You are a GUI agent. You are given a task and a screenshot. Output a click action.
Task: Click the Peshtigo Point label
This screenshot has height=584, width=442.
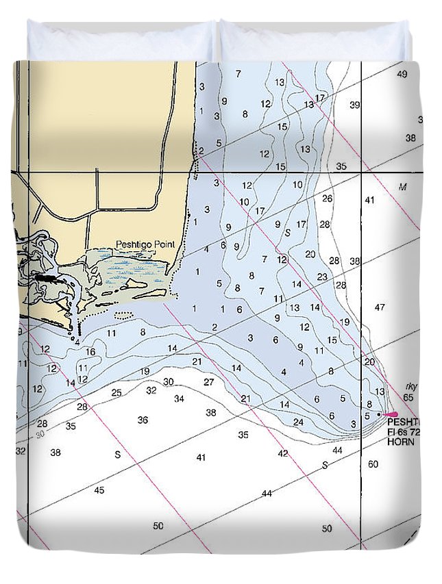pyautogui.click(x=145, y=244)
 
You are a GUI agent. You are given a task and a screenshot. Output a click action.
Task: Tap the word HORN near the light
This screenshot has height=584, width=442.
pyautogui.click(x=401, y=442)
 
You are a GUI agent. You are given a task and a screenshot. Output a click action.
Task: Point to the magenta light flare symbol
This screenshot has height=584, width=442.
pyautogui.click(x=391, y=414)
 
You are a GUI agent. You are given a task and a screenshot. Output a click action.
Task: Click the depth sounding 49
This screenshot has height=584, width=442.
pyautogui.click(x=402, y=74)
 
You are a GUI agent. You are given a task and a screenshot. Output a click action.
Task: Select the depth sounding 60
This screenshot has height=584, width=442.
pyautogui.click(x=373, y=464)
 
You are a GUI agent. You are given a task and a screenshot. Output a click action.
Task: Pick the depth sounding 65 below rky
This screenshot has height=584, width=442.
pyautogui.click(x=408, y=397)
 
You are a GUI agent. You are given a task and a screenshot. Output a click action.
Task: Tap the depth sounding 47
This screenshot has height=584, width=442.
pyautogui.click(x=380, y=307)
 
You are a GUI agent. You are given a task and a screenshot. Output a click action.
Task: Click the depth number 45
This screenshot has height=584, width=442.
pyautogui.click(x=99, y=490)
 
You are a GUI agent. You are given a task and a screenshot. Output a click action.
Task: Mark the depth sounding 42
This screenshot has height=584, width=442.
pyautogui.click(x=283, y=453)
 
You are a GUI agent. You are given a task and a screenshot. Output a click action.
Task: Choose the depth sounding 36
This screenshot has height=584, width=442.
pyautogui.click(x=143, y=420)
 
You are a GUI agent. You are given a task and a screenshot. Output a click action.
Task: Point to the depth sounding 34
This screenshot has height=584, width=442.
pyautogui.click(x=179, y=398)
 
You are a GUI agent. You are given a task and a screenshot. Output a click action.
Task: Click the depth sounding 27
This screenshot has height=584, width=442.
pyautogui.click(x=209, y=382)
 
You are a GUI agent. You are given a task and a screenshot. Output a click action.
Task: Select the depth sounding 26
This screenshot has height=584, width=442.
pyautogui.click(x=327, y=199)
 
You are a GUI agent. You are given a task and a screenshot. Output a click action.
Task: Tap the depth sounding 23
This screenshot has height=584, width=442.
pyautogui.click(x=322, y=277)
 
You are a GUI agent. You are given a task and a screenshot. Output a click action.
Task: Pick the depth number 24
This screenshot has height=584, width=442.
pyautogui.click(x=298, y=422)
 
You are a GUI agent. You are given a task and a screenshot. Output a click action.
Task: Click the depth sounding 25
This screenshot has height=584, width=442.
pyautogui.click(x=116, y=392)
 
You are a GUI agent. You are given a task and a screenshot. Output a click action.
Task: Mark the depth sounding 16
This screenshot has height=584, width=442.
pyautogui.click(x=90, y=352)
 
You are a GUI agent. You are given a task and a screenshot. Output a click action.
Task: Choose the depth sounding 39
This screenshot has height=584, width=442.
pyautogui.click(x=354, y=105)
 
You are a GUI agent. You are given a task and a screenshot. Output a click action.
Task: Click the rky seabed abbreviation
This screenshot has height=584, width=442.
pyautogui.click(x=411, y=386)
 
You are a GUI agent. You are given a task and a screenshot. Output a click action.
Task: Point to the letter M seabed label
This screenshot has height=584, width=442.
pyautogui.click(x=403, y=186)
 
